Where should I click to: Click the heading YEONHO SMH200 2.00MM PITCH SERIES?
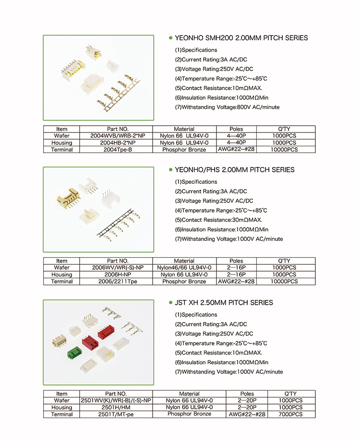[241, 38]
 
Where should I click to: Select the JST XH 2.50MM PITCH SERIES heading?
[224, 303]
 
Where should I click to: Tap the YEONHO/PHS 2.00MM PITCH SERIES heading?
[235, 170]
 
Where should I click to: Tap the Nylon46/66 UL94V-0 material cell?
[184, 268]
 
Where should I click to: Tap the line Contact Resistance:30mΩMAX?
[218, 220]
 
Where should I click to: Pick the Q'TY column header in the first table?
[286, 129]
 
